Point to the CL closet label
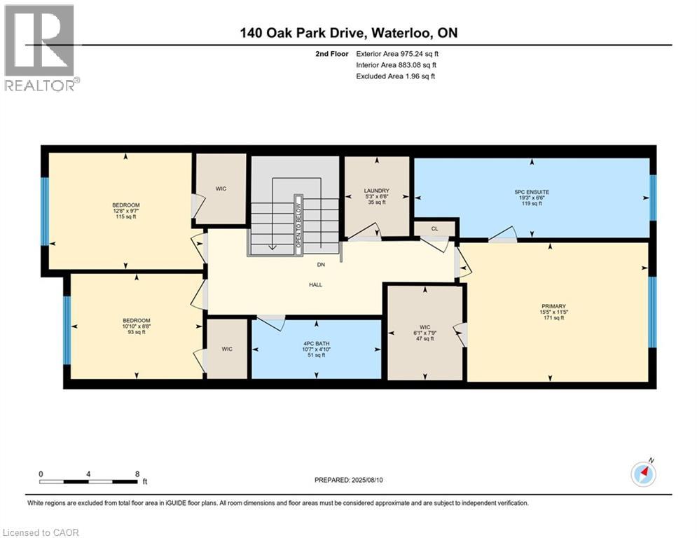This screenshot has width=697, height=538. [x=434, y=228]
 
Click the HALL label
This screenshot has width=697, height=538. [x=315, y=284]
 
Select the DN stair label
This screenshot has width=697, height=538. [x=320, y=265]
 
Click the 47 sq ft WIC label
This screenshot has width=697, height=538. [x=425, y=332]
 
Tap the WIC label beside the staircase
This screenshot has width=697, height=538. [x=221, y=188]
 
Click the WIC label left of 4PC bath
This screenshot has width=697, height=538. [x=226, y=349]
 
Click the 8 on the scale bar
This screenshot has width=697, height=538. [x=137, y=474]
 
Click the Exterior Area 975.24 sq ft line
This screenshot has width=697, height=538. [x=398, y=53]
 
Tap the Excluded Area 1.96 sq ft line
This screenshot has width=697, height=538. [x=395, y=76]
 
